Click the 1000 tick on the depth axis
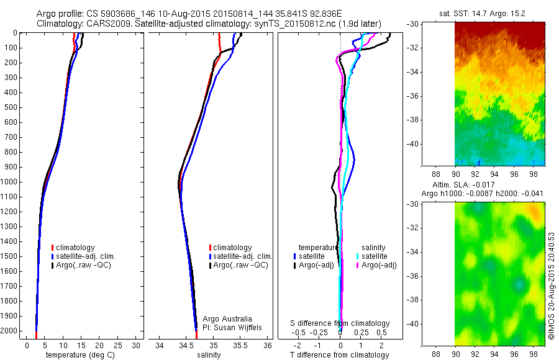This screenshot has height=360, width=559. tap(11, 182)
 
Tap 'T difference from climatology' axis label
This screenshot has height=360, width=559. tap(340, 355)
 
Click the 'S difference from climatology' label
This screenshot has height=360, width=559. tap(340, 323)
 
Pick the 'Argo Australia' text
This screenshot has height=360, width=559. tap(228, 319)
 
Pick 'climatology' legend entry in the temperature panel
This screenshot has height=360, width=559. tap(75, 248)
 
